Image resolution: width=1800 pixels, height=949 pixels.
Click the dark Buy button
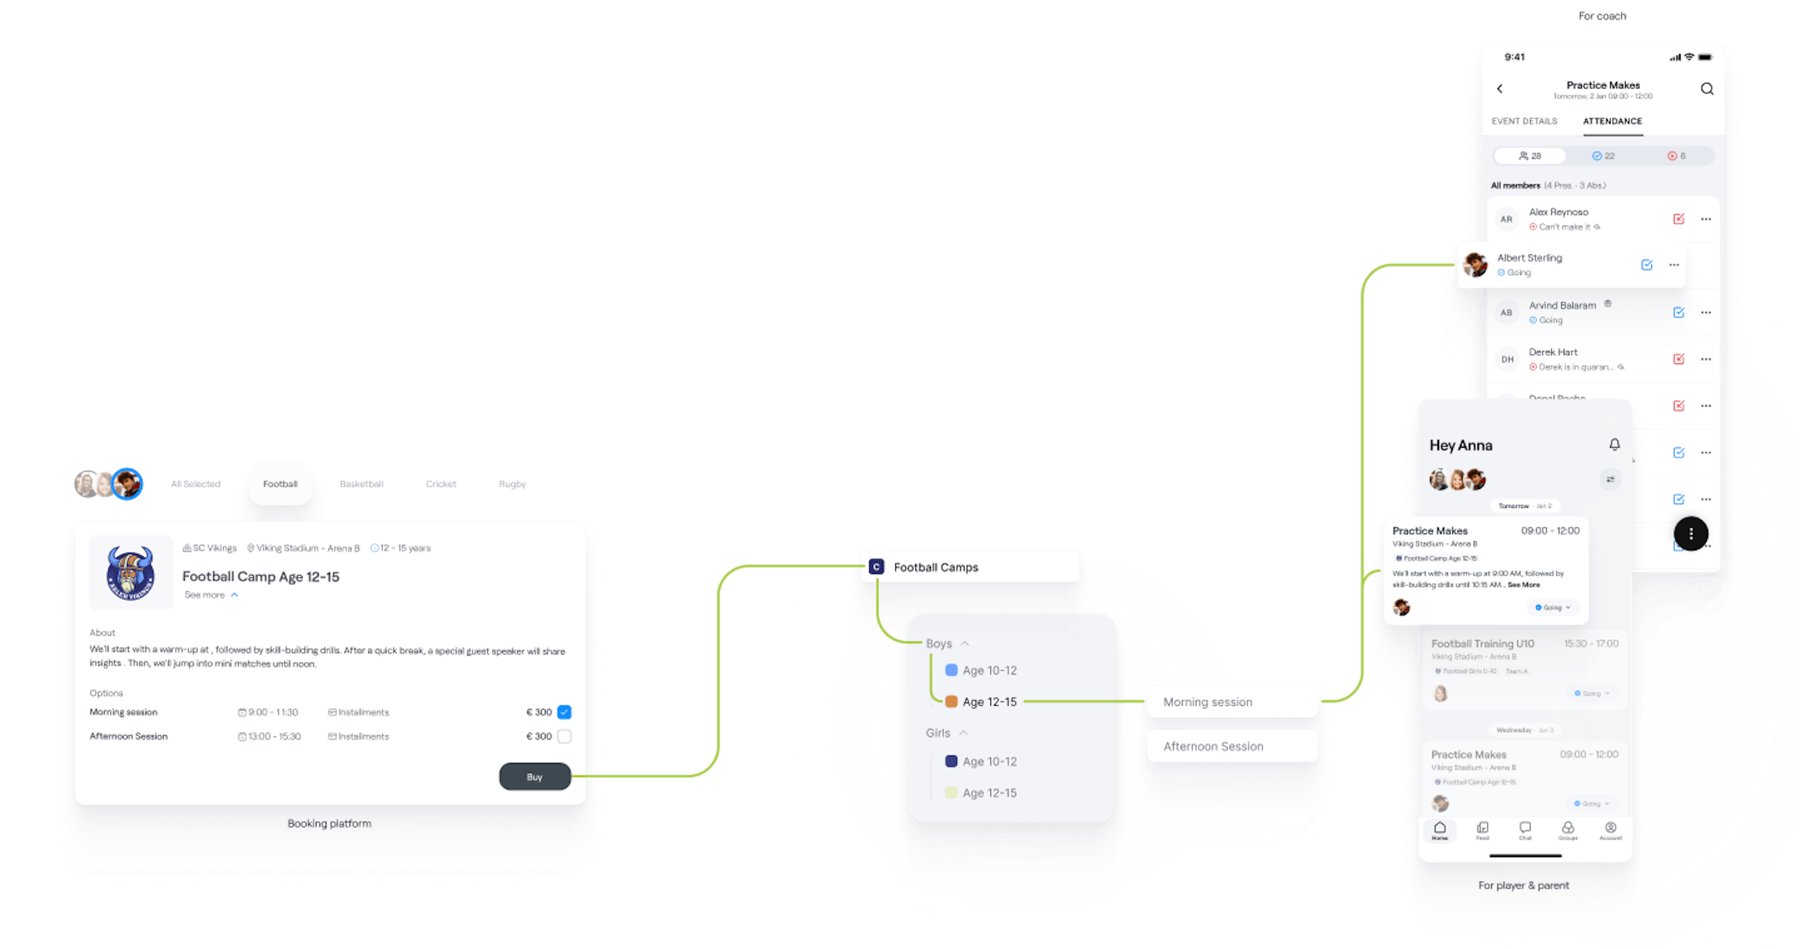[534, 776]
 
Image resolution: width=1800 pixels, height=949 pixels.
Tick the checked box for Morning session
[564, 712]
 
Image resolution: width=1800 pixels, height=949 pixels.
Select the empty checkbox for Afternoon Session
[564, 736]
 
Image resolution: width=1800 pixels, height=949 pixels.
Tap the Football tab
[280, 483]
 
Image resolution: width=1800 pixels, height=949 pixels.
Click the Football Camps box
[969, 567]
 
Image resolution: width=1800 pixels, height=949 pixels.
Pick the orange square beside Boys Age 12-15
[951, 701]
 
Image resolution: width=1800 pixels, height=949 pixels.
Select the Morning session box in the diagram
[1232, 701]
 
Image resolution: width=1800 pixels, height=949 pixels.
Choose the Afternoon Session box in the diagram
[1232, 746]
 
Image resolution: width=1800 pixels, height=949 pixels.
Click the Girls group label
[937, 733]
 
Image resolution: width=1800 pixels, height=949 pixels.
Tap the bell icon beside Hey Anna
[1614, 444]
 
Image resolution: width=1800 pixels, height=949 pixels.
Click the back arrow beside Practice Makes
[1500, 89]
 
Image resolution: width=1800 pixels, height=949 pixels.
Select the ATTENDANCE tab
[1612, 121]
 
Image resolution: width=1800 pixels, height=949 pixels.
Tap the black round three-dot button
[1690, 534]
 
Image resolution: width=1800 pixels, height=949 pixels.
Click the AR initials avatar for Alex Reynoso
[1507, 219]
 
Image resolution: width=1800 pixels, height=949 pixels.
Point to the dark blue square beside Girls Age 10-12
[951, 761]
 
